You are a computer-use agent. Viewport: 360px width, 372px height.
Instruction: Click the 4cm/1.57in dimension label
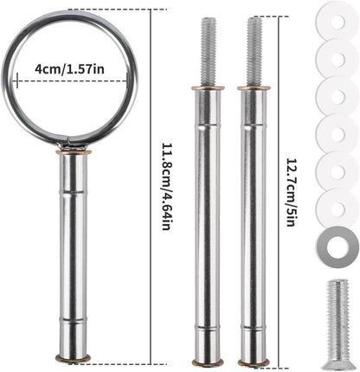(x=69, y=69)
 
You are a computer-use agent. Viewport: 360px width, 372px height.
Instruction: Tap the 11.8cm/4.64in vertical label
(x=166, y=186)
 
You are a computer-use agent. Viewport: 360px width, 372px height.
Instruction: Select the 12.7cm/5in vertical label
(x=291, y=191)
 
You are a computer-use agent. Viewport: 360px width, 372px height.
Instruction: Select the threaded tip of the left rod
(x=208, y=52)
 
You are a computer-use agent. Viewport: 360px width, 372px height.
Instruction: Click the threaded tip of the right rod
(x=254, y=52)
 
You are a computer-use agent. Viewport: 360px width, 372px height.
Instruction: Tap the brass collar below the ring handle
(x=74, y=152)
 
